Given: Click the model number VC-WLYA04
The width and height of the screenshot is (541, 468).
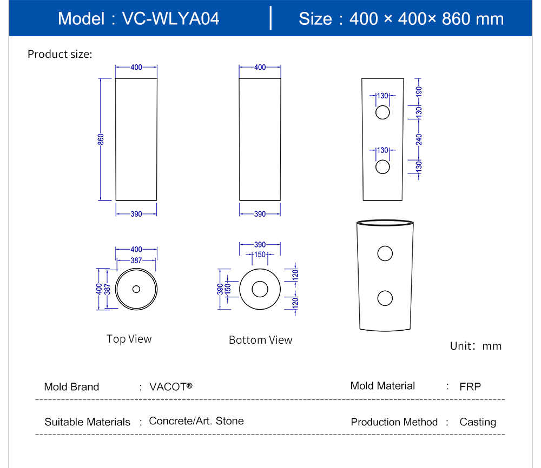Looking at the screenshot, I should coord(170,18).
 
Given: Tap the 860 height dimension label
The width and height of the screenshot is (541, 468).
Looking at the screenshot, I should coord(101,139).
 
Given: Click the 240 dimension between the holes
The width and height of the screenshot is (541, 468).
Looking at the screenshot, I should coord(419,139).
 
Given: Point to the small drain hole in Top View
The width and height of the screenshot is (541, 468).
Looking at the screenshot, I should coord(136,289).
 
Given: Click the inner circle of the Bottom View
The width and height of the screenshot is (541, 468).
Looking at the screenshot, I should coord(260,289).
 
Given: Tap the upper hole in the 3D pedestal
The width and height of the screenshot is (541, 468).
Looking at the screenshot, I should coord(385,253).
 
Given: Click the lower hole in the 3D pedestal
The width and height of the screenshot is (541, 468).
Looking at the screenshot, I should coord(385,298).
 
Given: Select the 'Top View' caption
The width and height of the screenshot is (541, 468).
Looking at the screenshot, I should coord(129,339).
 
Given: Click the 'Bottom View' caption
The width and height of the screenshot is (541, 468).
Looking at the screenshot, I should coord(260,340).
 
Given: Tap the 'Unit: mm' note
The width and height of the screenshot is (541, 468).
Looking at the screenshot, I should coord(476,346).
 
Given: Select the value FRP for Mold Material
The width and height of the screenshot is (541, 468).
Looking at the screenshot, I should coord(470,386).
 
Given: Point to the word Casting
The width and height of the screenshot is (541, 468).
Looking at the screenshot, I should coord(478,422).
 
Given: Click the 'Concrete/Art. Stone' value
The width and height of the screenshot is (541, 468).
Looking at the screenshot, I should coord(196,421).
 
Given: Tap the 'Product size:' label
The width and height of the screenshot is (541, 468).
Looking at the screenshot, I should coord(60,54).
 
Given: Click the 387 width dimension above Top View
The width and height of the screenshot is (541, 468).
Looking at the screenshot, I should coord(136,260).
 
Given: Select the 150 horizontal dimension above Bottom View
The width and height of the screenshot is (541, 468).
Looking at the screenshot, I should coord(260,255).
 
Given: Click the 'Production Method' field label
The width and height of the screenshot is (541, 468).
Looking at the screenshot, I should coord(394,422).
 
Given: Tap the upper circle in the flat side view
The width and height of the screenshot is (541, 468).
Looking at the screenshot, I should coord(382,113).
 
